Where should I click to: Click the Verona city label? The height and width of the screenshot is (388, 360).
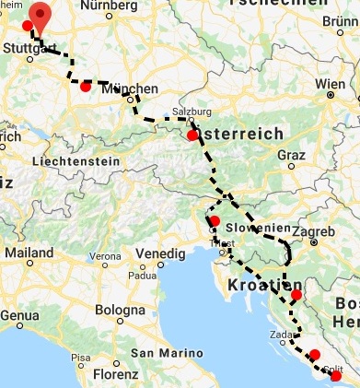(x=104, y=255)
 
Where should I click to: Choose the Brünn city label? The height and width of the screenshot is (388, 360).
(x=339, y=19)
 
